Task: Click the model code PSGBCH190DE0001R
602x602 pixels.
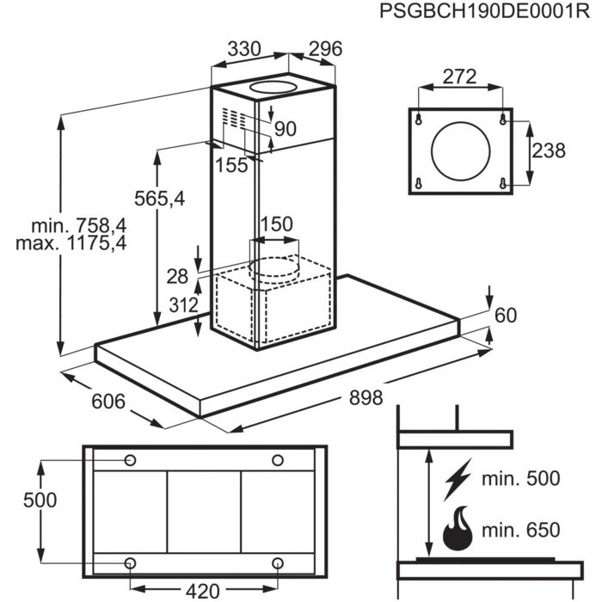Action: coord(478,13)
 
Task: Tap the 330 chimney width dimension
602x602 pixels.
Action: coord(243,49)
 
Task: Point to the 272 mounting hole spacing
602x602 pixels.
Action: coord(459,77)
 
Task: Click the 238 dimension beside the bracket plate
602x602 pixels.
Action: coord(548,150)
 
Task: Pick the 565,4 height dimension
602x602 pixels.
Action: coord(159,200)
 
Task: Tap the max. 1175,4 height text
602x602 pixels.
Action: coord(71,243)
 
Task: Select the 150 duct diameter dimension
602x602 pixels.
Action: coord(276,224)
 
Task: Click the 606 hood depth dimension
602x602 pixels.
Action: coord(108,401)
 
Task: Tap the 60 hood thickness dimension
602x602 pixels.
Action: coord(505,316)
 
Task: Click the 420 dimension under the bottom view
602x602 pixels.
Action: coord(203,591)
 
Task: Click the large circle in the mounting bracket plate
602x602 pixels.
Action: coord(459,151)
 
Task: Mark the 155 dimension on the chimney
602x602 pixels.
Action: coord(230,165)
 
